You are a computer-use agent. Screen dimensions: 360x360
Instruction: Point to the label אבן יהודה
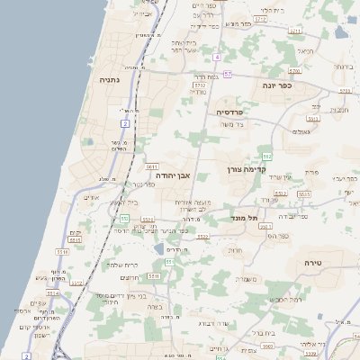[x=169, y=175]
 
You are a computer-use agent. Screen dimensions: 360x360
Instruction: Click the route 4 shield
[x=217, y=57]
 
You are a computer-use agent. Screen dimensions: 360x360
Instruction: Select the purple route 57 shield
[x=228, y=74]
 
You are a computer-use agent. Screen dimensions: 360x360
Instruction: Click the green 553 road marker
[x=125, y=219]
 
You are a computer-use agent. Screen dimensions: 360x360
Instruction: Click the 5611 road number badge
[x=151, y=166]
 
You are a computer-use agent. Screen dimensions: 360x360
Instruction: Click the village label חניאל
[x=306, y=51]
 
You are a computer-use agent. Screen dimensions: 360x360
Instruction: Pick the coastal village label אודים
[x=91, y=197]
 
